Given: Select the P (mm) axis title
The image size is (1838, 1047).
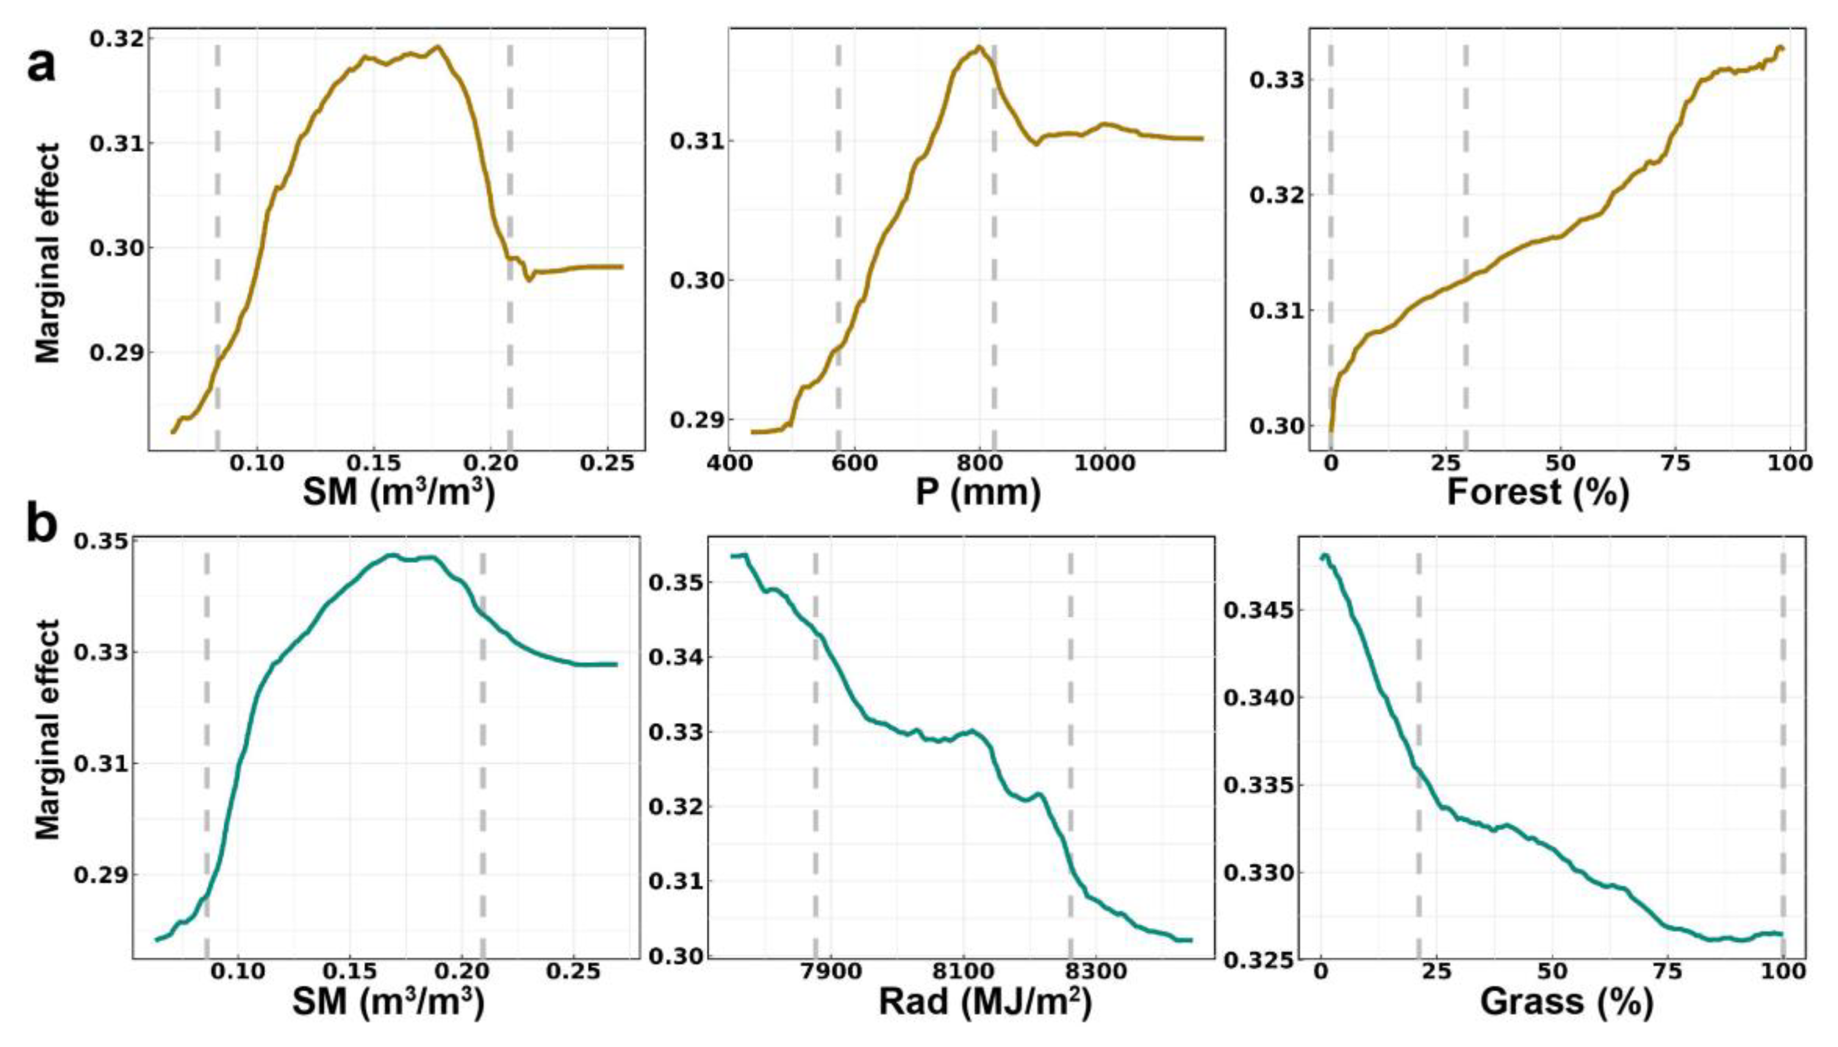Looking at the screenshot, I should (978, 493).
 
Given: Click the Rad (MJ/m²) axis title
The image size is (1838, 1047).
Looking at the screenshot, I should (985, 1001).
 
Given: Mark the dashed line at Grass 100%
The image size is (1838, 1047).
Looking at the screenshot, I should (1783, 755).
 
